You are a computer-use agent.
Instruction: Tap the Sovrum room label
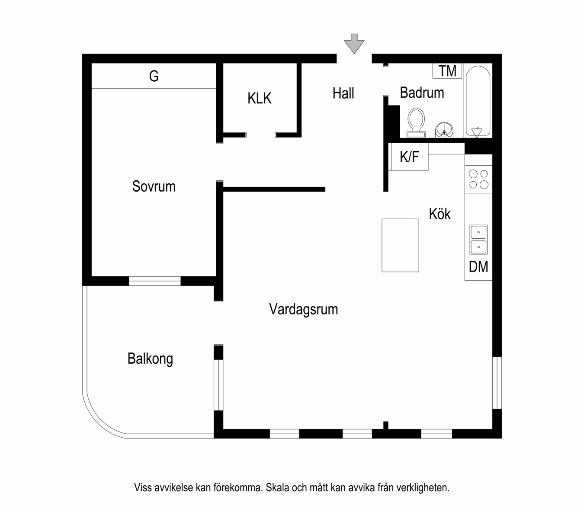click(154, 186)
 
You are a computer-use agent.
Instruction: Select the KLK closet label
click(259, 98)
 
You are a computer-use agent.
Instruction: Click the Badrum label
click(422, 93)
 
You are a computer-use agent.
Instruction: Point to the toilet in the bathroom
click(416, 122)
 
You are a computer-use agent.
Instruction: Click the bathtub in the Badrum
click(478, 100)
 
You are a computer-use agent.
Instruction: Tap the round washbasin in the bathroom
click(444, 129)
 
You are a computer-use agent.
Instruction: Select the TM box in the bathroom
click(447, 71)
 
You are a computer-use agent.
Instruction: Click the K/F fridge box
click(409, 157)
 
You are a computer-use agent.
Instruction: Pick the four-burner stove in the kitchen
click(478, 179)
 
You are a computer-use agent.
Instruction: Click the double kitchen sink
click(478, 240)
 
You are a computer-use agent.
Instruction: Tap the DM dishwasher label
click(478, 267)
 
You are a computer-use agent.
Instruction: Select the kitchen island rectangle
click(400, 245)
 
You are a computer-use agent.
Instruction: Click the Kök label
click(440, 214)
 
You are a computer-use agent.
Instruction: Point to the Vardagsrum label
click(303, 310)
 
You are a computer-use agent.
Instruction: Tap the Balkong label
click(150, 359)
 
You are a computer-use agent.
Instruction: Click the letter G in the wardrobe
click(154, 77)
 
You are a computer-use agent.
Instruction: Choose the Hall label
click(343, 93)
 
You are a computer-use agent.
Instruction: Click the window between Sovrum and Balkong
click(154, 281)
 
